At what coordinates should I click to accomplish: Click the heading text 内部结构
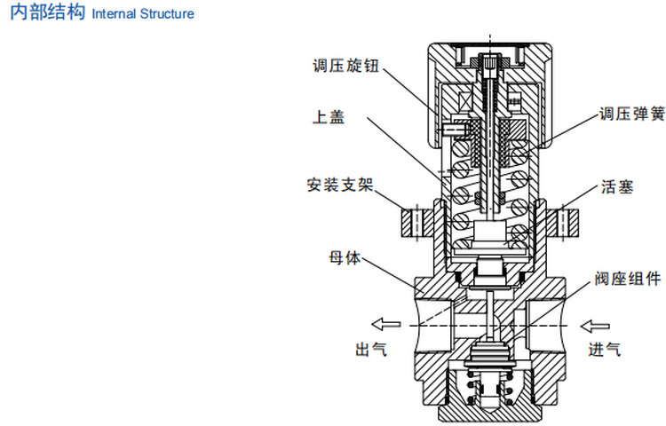click(x=47, y=15)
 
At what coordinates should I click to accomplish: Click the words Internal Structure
click(x=142, y=16)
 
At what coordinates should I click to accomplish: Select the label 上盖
click(x=328, y=116)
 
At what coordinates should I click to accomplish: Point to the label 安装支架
click(x=340, y=186)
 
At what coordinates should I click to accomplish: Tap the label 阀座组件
click(x=627, y=280)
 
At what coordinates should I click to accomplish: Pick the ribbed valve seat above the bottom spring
click(x=490, y=359)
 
